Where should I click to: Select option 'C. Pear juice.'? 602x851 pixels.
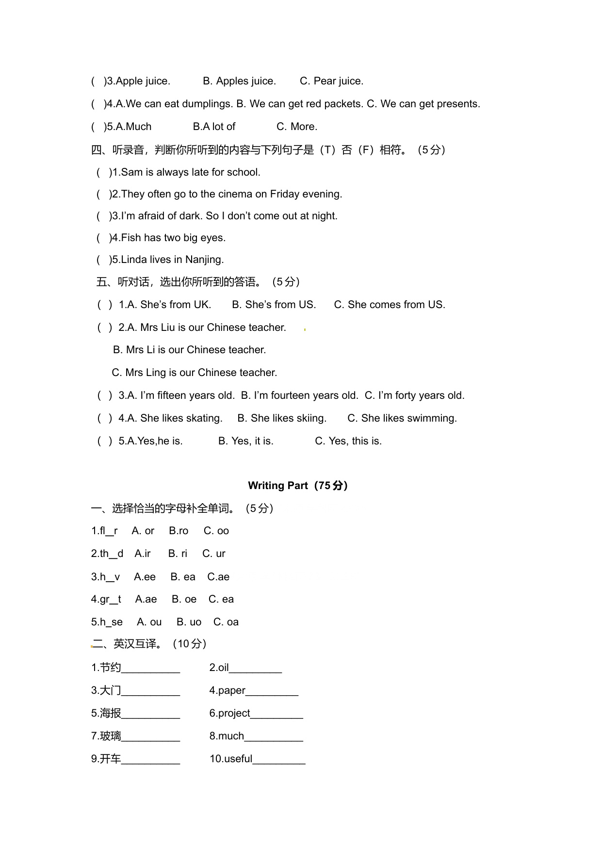click(331, 81)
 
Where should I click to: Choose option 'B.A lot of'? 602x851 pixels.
click(214, 127)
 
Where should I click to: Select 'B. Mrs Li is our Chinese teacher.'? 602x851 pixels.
click(189, 350)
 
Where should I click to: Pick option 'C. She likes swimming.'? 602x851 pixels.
click(402, 418)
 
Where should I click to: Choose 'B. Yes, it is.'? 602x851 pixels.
click(245, 441)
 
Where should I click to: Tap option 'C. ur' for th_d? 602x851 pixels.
click(214, 554)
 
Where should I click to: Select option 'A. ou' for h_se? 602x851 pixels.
click(149, 622)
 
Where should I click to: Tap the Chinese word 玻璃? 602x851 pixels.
click(110, 736)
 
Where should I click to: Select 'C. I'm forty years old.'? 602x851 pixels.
click(414, 395)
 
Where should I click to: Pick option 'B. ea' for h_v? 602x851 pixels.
click(183, 577)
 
